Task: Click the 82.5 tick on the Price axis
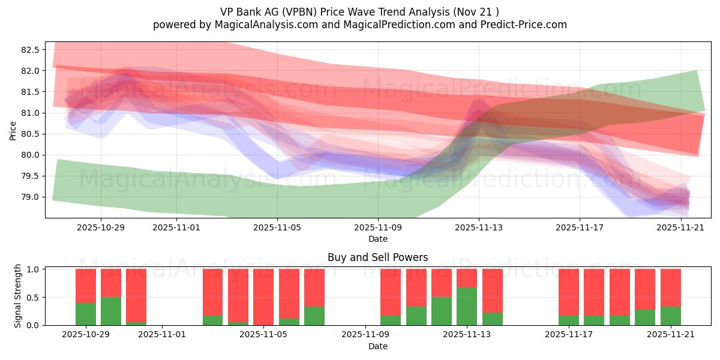[30, 50]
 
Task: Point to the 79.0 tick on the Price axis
[30, 197]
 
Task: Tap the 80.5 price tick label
[30, 134]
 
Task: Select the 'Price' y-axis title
[13, 130]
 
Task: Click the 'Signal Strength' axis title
[18, 296]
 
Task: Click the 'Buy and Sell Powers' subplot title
[377, 257]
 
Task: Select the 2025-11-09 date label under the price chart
[378, 227]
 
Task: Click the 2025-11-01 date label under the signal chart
[163, 335]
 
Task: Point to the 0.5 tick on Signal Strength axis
[33, 297]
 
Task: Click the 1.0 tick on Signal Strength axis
[33, 269]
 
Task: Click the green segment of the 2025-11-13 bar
[467, 306]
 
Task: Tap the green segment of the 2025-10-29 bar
[86, 314]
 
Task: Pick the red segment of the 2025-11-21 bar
[670, 287]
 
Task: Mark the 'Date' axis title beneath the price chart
[377, 239]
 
